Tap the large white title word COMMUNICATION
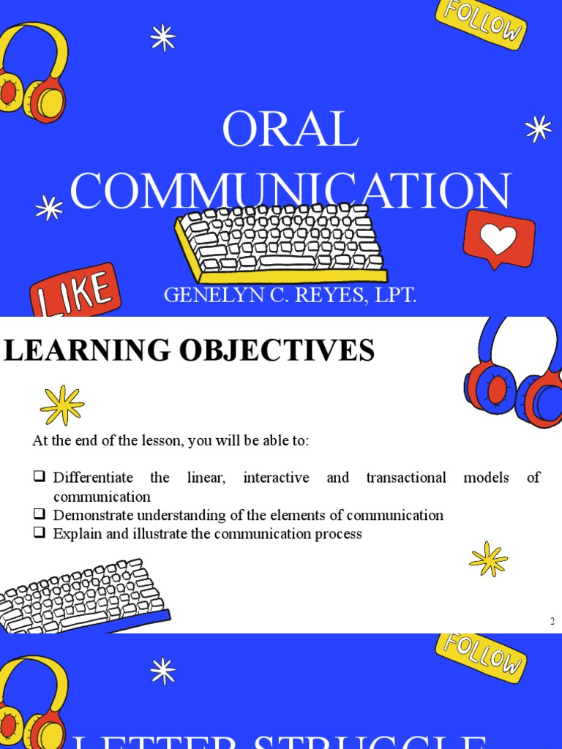pos(290,192)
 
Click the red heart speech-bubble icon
pos(499,239)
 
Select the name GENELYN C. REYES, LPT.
pos(290,296)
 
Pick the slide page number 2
pos(552,622)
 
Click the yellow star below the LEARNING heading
pos(62,404)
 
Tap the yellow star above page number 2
pos(488,560)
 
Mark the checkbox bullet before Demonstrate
pos(40,515)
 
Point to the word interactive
pos(276,478)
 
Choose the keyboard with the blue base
pos(80,596)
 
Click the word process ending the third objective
pos(337,534)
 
